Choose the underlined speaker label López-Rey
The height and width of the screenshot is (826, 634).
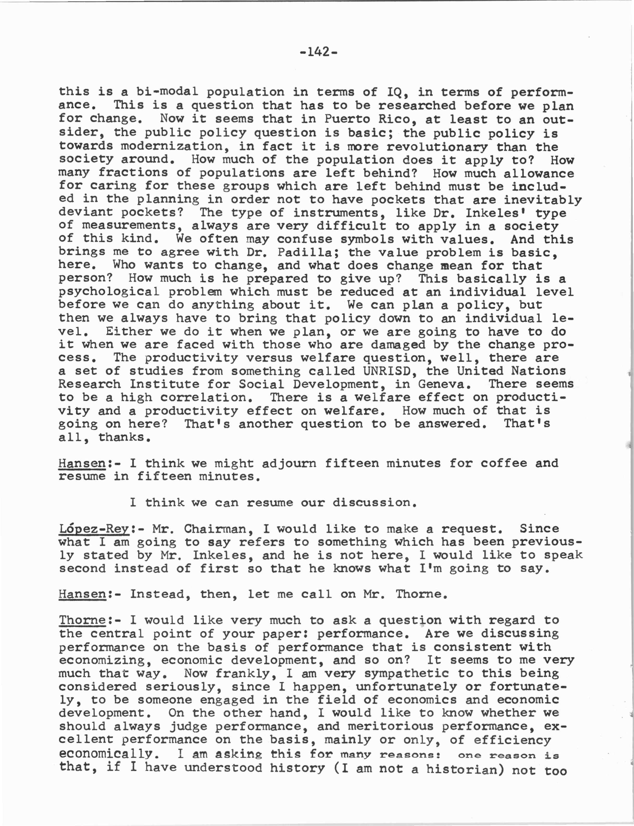pos(94,529)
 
